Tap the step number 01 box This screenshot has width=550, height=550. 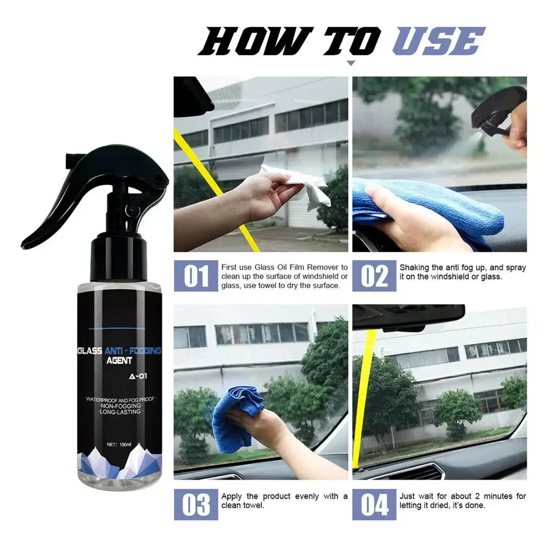pos(196,276)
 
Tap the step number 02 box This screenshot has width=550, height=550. pos(374,276)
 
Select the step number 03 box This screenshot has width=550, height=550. pos(196,504)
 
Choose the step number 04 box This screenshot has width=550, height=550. pos(374,504)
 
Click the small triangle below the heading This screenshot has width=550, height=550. pos(350,63)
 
